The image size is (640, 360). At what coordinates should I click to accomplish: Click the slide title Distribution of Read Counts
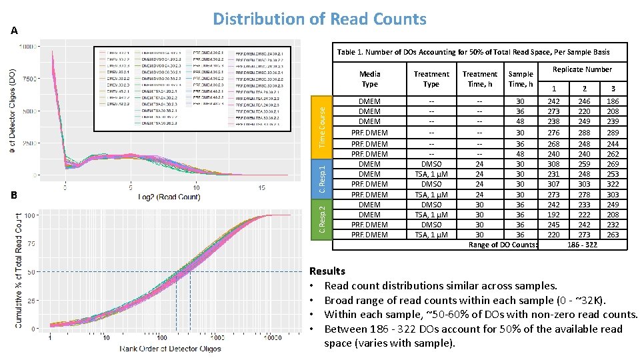(319, 19)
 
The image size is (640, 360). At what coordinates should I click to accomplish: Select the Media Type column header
(369, 79)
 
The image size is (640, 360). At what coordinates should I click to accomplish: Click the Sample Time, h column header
(521, 79)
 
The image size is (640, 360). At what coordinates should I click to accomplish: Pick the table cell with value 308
(554, 164)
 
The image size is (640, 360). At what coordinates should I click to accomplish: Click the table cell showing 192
(554, 215)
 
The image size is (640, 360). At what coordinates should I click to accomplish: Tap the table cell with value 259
(584, 164)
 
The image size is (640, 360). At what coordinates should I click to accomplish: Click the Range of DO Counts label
(503, 245)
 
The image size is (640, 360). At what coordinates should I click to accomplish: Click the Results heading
(327, 271)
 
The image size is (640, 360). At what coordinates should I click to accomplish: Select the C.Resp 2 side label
(322, 219)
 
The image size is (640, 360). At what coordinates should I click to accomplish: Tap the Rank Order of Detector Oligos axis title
(171, 349)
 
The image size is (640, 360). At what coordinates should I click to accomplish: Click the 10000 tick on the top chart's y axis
(28, 47)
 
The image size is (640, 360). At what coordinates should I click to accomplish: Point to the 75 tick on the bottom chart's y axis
(31, 244)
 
